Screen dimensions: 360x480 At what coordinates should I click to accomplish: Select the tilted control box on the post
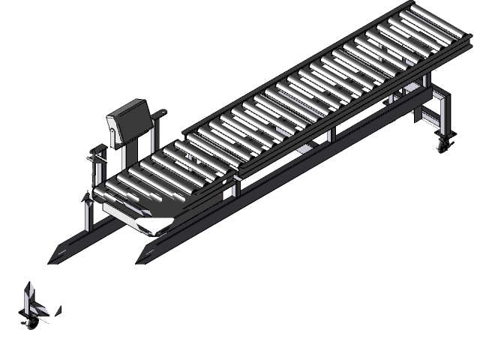coord(132,117)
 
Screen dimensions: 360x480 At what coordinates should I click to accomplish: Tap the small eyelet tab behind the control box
coord(160,113)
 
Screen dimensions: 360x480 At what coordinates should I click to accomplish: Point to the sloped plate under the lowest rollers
coord(135,217)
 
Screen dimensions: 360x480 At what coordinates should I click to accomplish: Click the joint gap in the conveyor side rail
coord(239,175)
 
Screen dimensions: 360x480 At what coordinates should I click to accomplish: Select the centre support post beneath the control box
coord(124,154)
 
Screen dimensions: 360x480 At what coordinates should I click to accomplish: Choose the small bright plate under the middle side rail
coord(304,150)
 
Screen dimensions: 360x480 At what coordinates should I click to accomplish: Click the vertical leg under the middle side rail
coord(330,136)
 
